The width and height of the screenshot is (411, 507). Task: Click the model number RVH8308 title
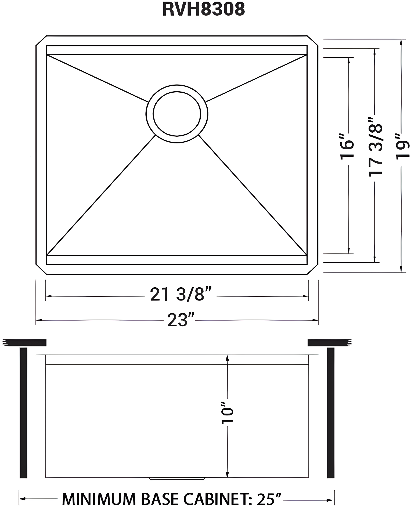[203, 9]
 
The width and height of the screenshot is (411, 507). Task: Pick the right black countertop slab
[329, 343]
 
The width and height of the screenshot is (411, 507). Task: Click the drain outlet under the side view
[177, 479]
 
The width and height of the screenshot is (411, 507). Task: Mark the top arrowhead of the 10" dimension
[227, 358]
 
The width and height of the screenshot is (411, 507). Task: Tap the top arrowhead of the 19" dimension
[401, 42]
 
